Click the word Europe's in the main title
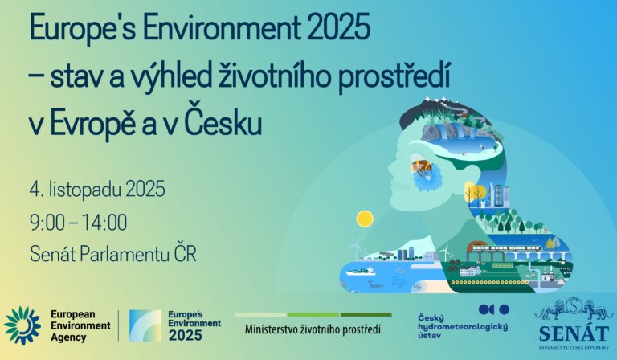click(x=82, y=29)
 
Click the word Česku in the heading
click(x=223, y=122)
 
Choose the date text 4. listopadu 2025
click(x=97, y=190)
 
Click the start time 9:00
click(x=47, y=223)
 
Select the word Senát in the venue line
click(x=53, y=254)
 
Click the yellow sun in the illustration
click(x=365, y=219)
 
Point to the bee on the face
click(x=422, y=169)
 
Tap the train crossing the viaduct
click(x=506, y=248)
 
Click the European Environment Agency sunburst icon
click(x=22, y=325)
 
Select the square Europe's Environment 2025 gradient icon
click(x=145, y=325)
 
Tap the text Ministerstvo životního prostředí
click(x=313, y=329)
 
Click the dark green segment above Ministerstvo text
click(x=366, y=315)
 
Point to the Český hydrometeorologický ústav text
click(x=463, y=326)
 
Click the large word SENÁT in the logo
click(x=574, y=333)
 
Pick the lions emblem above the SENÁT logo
click(x=574, y=308)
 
